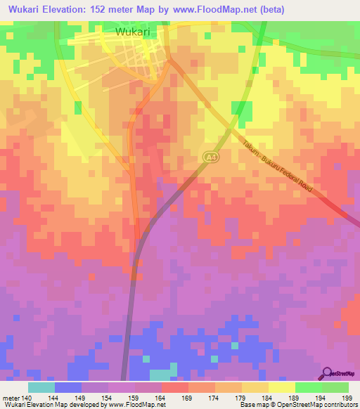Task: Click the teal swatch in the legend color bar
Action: [x=41, y=387]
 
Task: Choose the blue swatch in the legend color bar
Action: [x=68, y=387]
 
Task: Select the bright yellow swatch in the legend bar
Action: [x=281, y=387]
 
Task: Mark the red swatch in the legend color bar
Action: [x=175, y=387]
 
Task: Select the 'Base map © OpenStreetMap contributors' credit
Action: [x=297, y=405]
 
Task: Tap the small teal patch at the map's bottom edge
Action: [x=162, y=374]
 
